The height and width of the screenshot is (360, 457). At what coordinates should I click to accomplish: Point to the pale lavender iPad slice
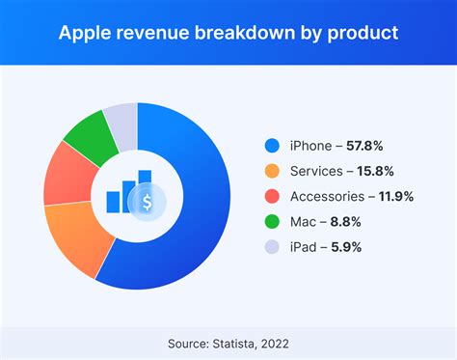pos(121,116)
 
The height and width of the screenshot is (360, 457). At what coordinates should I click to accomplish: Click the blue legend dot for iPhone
pos(272,147)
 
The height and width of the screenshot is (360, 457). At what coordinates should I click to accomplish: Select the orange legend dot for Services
pos(272,172)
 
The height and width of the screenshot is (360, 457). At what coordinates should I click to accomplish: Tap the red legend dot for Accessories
pos(272,197)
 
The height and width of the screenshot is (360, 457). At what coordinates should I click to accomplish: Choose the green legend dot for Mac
pos(272,222)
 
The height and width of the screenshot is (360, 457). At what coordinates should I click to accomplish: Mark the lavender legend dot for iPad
pos(272,247)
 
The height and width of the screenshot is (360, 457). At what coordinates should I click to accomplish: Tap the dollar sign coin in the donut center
pos(147,203)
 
